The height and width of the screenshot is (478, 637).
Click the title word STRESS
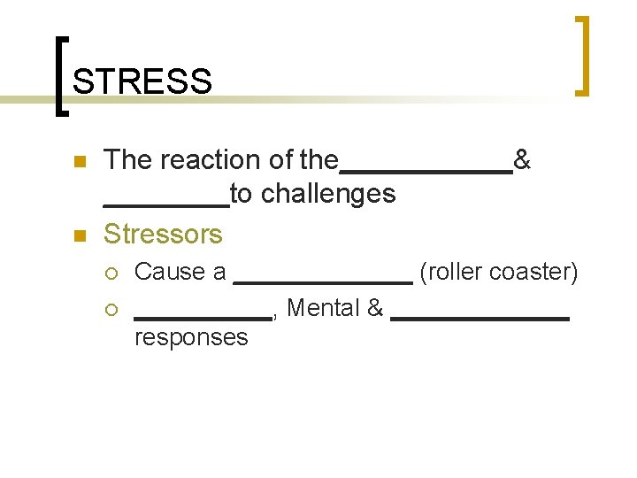pos(142,81)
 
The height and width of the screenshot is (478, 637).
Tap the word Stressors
pos(163,235)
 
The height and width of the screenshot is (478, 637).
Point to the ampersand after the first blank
pos(522,160)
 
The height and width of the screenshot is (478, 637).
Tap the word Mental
pos(324,308)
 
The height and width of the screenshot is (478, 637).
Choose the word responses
pos(191,337)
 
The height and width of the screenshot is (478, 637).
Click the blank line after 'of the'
pos(426,171)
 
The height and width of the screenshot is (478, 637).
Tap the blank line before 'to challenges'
pos(166,204)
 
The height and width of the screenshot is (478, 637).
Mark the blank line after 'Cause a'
pos(323,281)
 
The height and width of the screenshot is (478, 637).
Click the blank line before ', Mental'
pos(203,317)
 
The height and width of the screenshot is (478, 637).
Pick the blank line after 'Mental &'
pos(479,317)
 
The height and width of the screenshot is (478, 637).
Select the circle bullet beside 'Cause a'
pos(111,273)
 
